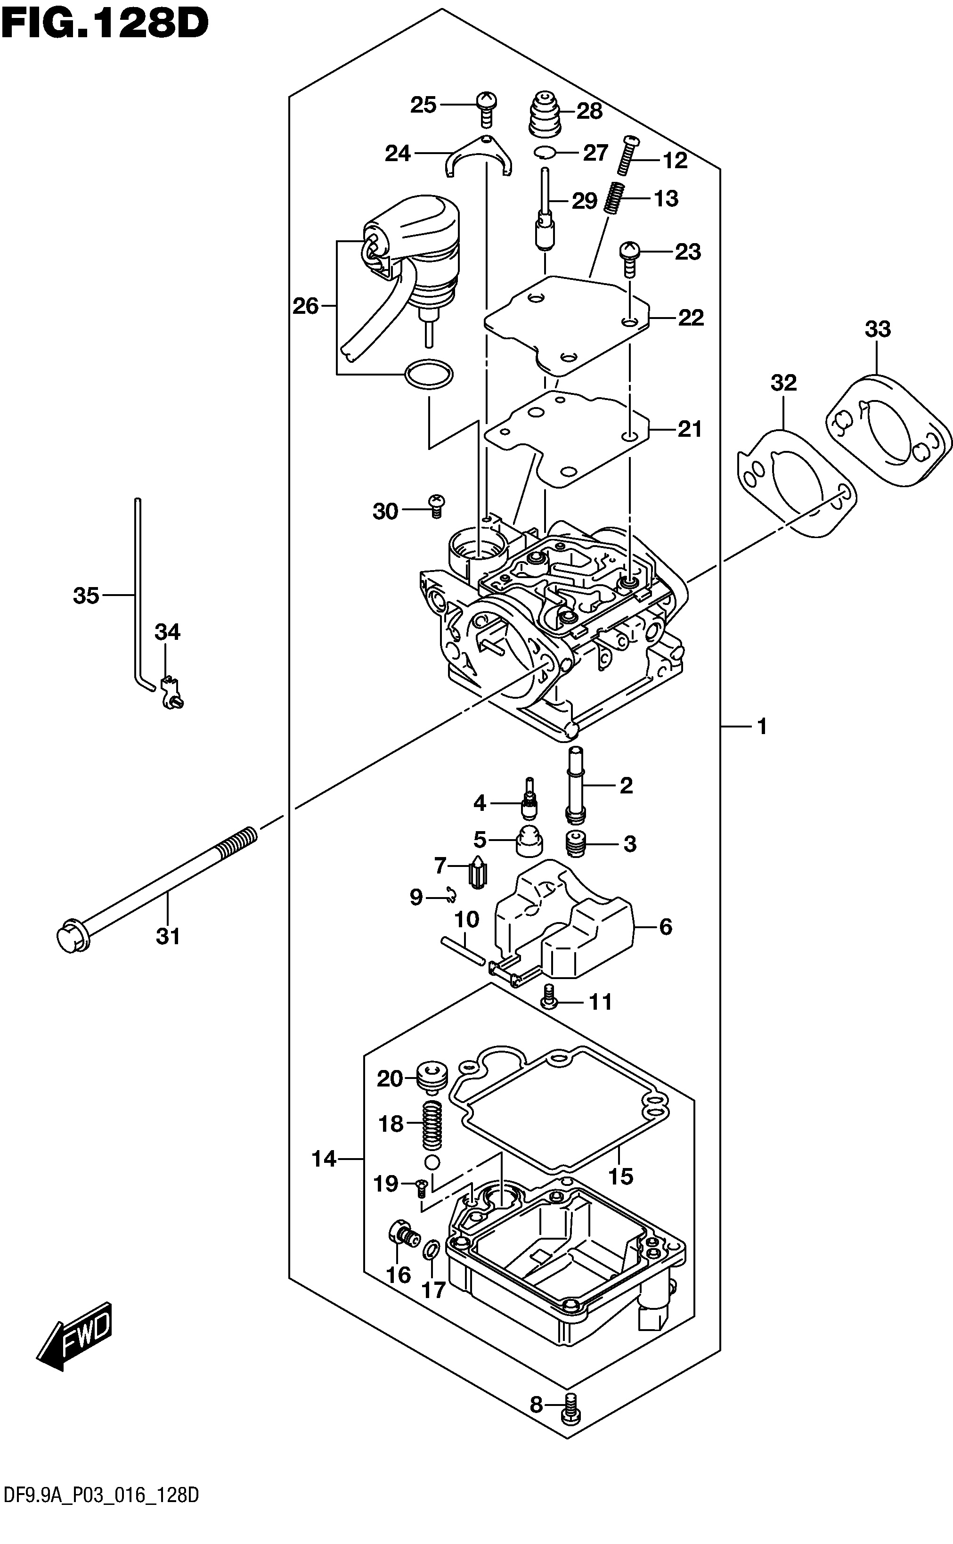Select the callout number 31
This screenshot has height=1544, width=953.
pos(168,937)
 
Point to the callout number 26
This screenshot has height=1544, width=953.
pos(306,306)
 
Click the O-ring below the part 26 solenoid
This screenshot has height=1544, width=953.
pos(429,375)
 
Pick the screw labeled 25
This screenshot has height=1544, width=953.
pos(487,108)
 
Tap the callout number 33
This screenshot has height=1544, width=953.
pos(878,329)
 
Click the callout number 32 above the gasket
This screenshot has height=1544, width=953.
pos(783,383)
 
